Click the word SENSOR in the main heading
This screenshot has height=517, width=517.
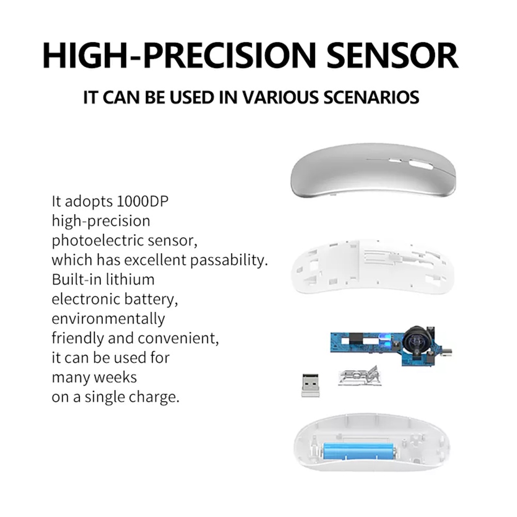(x=392, y=55)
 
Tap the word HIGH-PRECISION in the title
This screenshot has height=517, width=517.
(x=179, y=55)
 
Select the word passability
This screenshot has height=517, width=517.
(x=229, y=261)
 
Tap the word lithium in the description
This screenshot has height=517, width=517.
(x=129, y=280)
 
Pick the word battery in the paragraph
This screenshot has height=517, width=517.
(x=151, y=300)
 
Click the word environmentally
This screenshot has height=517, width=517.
(x=108, y=319)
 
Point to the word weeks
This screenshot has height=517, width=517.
(x=118, y=377)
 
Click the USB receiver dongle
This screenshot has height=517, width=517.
(x=310, y=385)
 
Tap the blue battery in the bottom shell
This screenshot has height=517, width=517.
(x=359, y=451)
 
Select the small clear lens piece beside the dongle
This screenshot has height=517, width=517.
(x=359, y=375)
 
